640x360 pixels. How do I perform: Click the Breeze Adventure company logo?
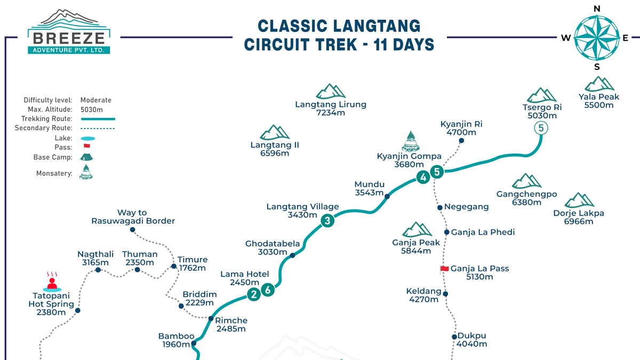(x=70, y=32)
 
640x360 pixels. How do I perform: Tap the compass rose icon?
(x=597, y=37)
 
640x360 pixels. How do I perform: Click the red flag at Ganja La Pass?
(x=444, y=269)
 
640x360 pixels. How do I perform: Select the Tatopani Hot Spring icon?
(x=52, y=283)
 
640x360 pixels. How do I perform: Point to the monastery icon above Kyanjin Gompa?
(x=410, y=141)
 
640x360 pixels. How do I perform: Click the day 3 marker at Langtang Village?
(x=327, y=220)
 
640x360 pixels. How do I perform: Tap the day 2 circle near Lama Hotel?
(x=254, y=294)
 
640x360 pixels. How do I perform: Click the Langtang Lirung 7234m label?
(x=331, y=108)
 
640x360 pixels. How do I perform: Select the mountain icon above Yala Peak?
(x=599, y=84)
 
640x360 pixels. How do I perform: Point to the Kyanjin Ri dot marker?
(x=461, y=141)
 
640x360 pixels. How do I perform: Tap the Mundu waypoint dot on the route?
(x=387, y=197)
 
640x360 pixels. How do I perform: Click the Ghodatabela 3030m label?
(x=273, y=248)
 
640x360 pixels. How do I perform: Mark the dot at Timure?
(x=173, y=266)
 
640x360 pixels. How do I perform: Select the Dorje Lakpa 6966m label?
(x=579, y=217)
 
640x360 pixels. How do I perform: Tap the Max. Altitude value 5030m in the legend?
(x=92, y=109)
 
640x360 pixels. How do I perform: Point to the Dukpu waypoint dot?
(x=454, y=337)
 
